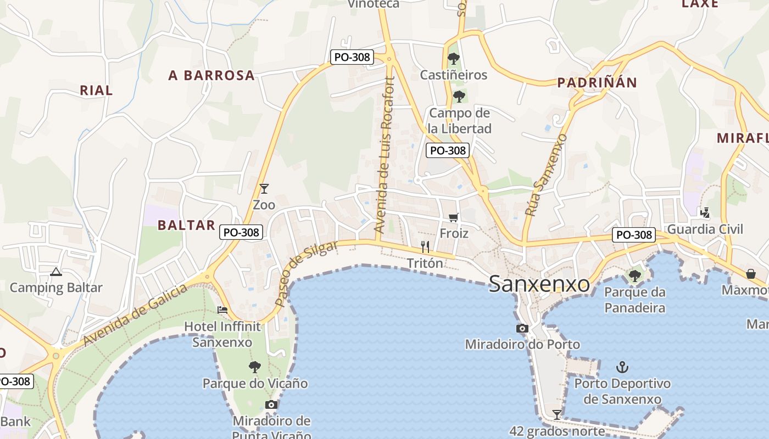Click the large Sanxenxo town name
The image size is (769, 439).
(x=539, y=284)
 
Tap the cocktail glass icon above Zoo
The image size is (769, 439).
(x=264, y=189)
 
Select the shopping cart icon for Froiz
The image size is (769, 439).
(x=453, y=218)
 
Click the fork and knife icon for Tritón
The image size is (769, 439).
(x=425, y=247)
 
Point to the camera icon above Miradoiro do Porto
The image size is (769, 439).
(x=522, y=329)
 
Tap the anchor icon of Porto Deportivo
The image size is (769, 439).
(x=622, y=367)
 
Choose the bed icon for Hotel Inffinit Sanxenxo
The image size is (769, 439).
(x=222, y=310)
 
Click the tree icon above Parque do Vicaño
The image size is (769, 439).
(x=254, y=367)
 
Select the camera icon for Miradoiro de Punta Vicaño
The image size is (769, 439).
(x=271, y=405)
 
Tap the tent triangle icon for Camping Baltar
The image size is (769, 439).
(x=55, y=271)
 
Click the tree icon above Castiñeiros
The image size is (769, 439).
(x=453, y=58)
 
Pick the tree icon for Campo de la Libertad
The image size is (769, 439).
(x=459, y=97)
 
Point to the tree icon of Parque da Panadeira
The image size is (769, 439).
(x=635, y=275)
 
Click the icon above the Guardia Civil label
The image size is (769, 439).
(x=705, y=212)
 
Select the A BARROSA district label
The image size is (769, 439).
(x=211, y=75)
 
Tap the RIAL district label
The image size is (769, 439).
(x=96, y=90)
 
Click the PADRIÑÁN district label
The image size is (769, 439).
(x=597, y=83)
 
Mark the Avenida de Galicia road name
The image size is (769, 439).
(x=136, y=316)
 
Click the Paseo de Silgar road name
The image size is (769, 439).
(x=305, y=273)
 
